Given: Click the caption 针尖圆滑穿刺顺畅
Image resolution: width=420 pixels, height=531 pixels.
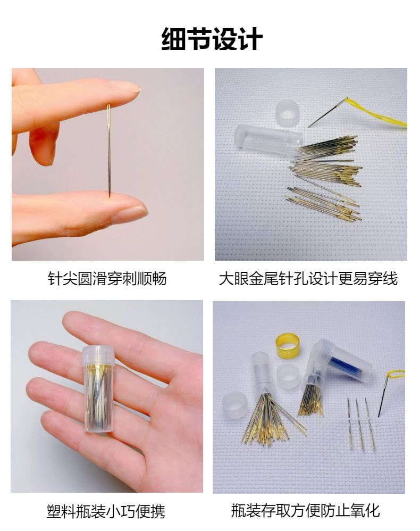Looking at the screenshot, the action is pyautogui.click(x=107, y=279).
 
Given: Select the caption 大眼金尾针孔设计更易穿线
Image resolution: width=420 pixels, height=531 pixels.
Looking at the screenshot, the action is pyautogui.click(x=308, y=279).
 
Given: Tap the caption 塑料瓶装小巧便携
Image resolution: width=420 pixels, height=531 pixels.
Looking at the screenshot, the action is pyautogui.click(x=106, y=511).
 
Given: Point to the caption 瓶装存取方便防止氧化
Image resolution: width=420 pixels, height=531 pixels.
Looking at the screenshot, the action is pyautogui.click(x=306, y=510).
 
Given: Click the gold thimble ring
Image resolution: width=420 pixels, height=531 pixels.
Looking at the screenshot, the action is pyautogui.click(x=288, y=345).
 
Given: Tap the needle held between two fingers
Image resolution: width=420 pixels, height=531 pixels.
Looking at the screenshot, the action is pyautogui.click(x=109, y=151).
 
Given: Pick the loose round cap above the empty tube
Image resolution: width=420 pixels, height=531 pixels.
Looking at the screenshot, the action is pyautogui.click(x=288, y=110).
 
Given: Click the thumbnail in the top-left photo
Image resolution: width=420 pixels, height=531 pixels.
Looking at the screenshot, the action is pyautogui.click(x=131, y=213).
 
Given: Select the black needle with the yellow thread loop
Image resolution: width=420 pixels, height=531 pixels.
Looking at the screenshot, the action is pyautogui.click(x=384, y=397).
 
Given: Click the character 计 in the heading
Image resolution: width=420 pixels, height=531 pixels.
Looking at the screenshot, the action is pyautogui.click(x=250, y=39).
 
